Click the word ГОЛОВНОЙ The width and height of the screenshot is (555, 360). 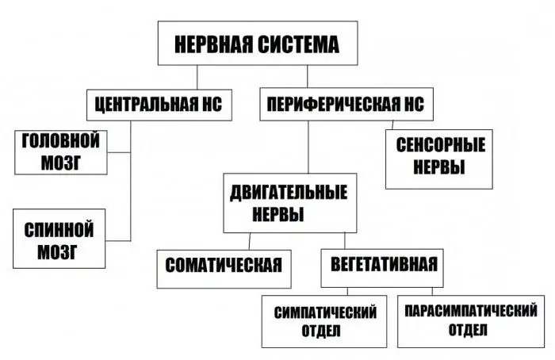[x=61, y=140]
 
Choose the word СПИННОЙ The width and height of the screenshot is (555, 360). [x=59, y=230]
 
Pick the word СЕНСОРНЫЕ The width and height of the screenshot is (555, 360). [x=440, y=145]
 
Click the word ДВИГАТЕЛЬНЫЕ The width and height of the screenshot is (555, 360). [x=289, y=193]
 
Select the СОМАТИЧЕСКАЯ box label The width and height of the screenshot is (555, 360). [x=224, y=265]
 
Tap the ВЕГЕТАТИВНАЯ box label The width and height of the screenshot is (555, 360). [x=384, y=264]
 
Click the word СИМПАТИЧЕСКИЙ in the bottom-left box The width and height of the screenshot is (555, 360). [x=325, y=312]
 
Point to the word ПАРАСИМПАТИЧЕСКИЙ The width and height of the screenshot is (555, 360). [x=471, y=311]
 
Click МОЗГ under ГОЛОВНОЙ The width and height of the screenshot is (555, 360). [x=61, y=163]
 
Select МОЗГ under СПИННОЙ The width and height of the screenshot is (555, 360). [x=57, y=251]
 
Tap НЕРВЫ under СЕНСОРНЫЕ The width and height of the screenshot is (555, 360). [x=439, y=167]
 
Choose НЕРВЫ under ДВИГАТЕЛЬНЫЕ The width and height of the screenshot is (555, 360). [x=278, y=215]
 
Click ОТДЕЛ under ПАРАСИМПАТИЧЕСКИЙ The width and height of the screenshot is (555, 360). [x=468, y=330]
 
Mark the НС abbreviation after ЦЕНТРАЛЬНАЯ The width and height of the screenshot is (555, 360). [x=212, y=105]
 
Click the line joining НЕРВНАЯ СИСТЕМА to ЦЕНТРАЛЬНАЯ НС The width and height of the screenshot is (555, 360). [x=197, y=77]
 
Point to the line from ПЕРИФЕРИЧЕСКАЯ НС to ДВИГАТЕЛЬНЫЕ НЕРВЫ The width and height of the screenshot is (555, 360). [x=308, y=147]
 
